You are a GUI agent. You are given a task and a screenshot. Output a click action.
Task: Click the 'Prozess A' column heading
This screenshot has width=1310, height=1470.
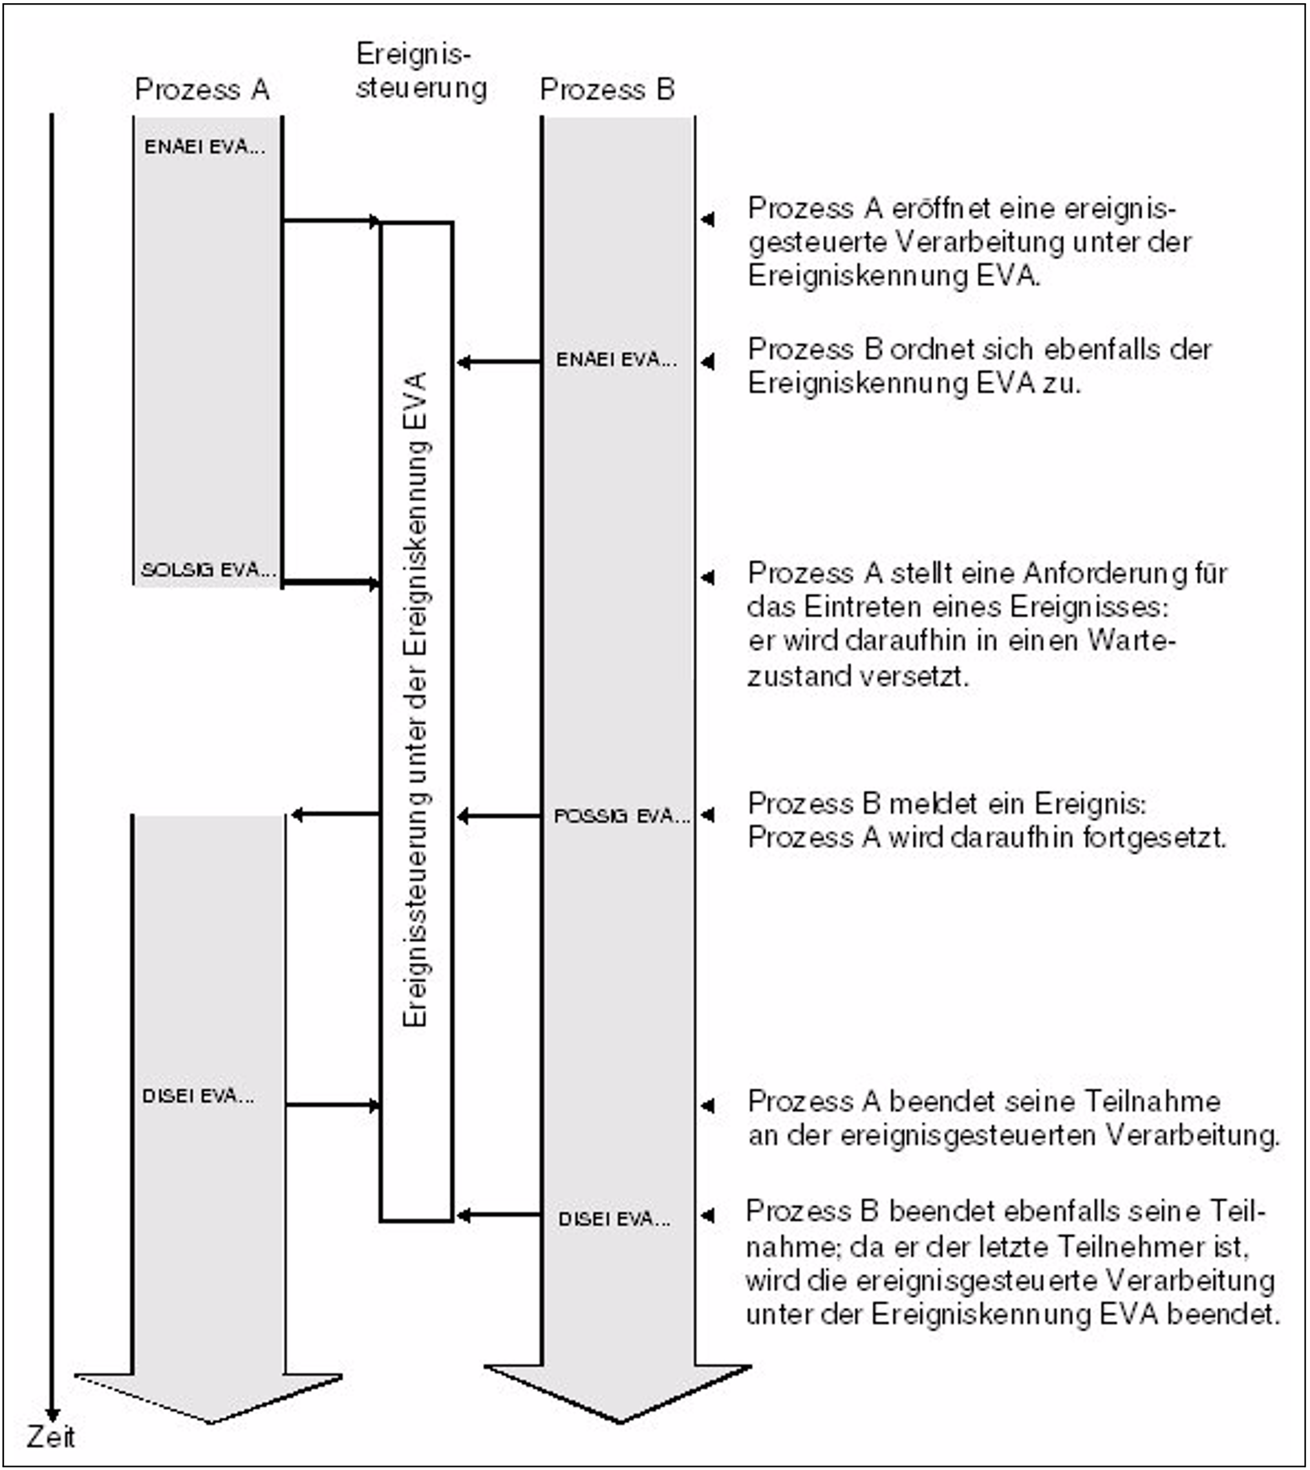(x=202, y=90)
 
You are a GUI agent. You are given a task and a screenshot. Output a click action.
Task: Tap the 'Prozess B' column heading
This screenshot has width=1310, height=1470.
(x=607, y=90)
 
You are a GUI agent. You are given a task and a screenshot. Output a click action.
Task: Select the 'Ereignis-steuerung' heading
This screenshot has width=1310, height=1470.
(x=421, y=71)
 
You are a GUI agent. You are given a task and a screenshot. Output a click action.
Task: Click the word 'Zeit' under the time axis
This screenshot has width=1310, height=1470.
(x=50, y=1437)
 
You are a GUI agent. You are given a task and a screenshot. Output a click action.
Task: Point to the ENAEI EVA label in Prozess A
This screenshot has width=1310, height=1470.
(x=204, y=147)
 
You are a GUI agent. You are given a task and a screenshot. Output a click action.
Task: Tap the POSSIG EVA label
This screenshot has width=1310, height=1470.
(x=621, y=816)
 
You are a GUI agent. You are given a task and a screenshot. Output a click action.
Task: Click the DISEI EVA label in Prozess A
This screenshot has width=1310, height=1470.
(x=198, y=1096)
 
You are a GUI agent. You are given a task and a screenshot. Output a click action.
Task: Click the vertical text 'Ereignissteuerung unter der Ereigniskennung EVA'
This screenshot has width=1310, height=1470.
(x=416, y=698)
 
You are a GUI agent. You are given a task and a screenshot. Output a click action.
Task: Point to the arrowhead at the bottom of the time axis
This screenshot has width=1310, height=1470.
(x=52, y=1414)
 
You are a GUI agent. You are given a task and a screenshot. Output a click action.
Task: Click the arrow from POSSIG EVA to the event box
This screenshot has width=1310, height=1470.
(x=498, y=816)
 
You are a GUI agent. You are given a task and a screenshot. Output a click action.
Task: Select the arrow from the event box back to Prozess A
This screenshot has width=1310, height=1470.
(x=335, y=815)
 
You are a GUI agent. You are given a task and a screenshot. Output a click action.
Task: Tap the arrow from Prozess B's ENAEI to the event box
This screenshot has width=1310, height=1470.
(x=498, y=362)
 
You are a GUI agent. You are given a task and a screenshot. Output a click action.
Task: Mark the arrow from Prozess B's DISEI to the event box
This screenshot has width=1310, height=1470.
(x=498, y=1215)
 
